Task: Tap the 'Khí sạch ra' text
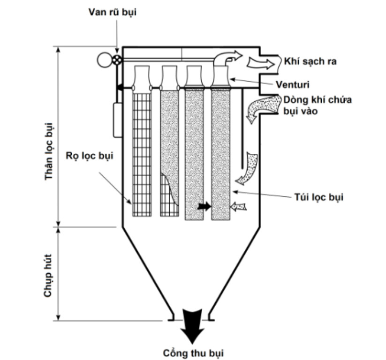310,61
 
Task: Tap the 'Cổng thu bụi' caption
190,352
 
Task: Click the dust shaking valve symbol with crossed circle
117,60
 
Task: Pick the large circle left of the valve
104,60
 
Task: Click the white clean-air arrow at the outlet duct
259,62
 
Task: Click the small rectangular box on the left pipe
117,120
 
